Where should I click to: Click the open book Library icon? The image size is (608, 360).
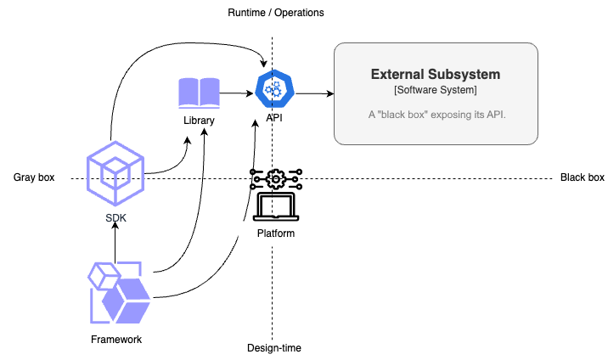click(x=198, y=93)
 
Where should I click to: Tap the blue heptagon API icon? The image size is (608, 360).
click(x=273, y=89)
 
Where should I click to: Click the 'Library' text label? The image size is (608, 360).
click(x=199, y=121)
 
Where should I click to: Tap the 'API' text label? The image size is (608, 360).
click(x=274, y=118)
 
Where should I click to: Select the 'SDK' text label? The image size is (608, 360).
click(x=116, y=218)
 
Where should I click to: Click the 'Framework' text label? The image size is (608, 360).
click(x=116, y=340)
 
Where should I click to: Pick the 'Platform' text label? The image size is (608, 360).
click(x=275, y=233)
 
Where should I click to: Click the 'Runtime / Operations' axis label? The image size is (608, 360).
click(x=276, y=13)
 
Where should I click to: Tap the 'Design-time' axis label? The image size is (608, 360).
click(x=273, y=347)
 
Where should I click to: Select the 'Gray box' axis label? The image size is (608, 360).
click(x=34, y=177)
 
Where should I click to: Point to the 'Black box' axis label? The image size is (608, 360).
click(x=582, y=177)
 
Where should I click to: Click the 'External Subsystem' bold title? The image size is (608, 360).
click(x=436, y=75)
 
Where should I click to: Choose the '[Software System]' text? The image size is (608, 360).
click(x=436, y=90)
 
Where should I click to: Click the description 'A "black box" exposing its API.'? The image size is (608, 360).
click(x=436, y=114)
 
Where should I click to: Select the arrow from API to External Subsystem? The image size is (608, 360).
click(x=312, y=93)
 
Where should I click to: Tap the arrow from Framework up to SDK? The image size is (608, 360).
click(x=115, y=244)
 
